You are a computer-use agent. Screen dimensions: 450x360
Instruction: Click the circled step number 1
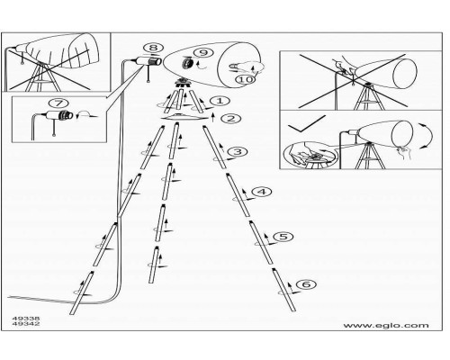tap(220, 101)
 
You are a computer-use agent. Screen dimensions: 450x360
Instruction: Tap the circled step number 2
tap(231, 119)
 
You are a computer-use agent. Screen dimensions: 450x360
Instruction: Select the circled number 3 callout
tap(238, 151)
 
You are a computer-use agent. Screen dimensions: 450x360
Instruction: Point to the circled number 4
tap(262, 192)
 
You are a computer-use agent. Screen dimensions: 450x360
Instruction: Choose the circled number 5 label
tap(283, 237)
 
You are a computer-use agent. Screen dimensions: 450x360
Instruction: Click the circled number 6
tap(306, 283)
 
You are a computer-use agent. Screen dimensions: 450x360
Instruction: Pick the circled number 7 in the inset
tap(58, 103)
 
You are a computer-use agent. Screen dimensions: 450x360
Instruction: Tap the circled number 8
tap(153, 48)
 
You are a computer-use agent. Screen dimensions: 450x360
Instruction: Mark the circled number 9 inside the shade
tap(203, 52)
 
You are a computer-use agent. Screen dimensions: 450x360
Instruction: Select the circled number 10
tap(246, 79)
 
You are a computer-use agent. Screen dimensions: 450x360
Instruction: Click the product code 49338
tap(26, 319)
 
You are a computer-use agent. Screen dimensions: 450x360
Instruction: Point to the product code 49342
tap(26, 324)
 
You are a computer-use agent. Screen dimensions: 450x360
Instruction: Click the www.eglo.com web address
tap(386, 326)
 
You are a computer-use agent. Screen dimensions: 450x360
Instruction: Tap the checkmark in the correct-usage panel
tap(306, 124)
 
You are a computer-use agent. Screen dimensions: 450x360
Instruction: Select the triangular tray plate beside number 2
tap(184, 117)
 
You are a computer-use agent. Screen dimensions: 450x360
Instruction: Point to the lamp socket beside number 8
tap(149, 61)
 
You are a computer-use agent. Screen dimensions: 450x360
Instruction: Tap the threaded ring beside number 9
tap(188, 63)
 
